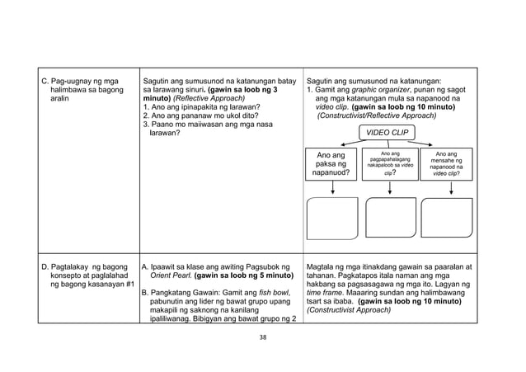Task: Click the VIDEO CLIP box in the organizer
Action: (387, 133)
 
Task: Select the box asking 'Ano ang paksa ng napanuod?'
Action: (333, 164)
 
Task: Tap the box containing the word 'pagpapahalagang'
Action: (388, 163)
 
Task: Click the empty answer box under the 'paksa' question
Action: (332, 217)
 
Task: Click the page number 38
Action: (263, 337)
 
